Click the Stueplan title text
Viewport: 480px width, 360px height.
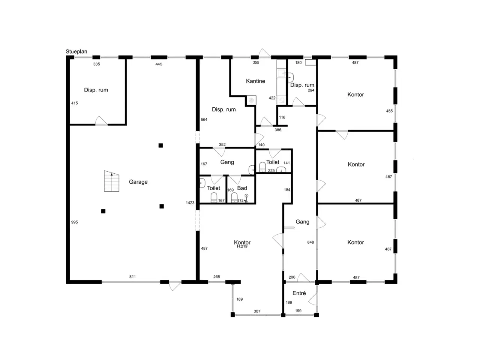[x=76, y=51]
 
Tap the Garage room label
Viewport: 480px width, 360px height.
[x=138, y=182]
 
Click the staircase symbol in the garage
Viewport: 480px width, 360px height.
[x=111, y=181]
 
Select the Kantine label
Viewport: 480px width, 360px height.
[x=255, y=81]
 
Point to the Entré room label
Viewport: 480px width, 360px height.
[x=299, y=293]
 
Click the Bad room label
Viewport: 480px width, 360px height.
[x=242, y=188]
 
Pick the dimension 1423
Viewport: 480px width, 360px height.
[x=190, y=202]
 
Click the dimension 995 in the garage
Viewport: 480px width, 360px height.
[x=74, y=222]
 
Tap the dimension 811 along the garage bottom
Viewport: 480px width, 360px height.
[x=132, y=276]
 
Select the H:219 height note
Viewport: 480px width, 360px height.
[x=242, y=246]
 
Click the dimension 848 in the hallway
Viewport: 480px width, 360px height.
[x=310, y=242]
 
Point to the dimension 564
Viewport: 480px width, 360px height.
[x=204, y=120]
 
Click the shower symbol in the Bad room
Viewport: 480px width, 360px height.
[x=246, y=198]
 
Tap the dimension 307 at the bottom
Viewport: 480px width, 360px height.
[x=257, y=311]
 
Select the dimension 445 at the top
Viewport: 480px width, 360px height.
[x=159, y=64]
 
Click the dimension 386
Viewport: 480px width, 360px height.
[x=278, y=130]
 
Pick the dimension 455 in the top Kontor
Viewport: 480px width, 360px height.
[x=389, y=111]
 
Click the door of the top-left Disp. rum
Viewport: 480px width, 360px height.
[x=101, y=121]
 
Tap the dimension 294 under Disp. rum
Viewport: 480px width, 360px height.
[x=311, y=90]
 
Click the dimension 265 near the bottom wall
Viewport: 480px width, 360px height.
[x=216, y=276]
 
